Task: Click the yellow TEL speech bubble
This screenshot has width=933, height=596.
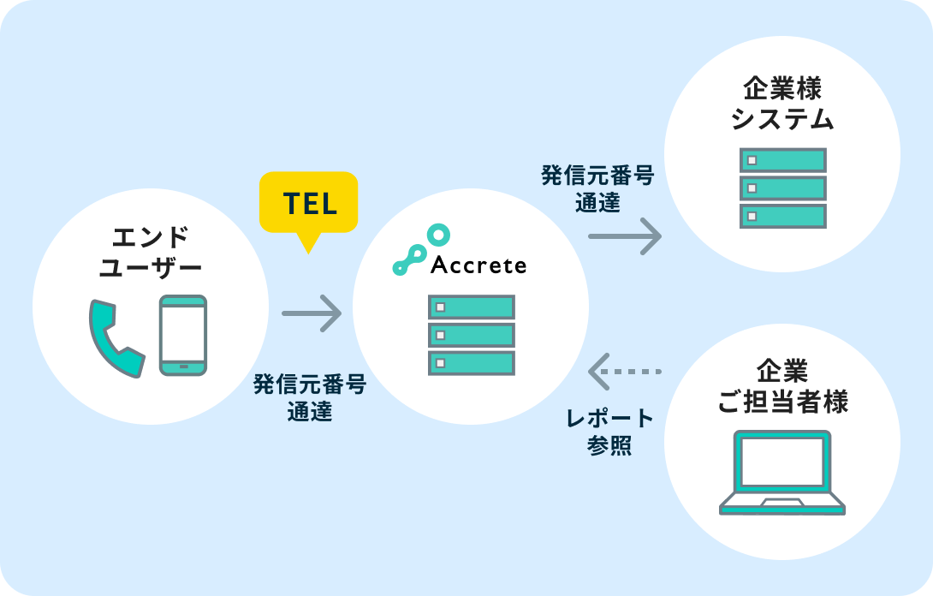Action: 309,204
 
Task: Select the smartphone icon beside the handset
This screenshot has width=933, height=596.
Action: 183,335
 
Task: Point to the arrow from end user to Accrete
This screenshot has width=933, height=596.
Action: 312,313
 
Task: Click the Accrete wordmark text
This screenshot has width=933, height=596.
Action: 478,265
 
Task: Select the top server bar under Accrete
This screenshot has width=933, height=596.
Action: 472,307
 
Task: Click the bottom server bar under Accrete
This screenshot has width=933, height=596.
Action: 472,363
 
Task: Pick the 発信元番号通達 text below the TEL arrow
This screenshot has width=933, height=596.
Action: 310,398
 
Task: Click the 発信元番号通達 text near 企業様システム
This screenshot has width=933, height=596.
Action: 597,189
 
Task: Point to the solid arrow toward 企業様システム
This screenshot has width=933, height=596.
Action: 625,236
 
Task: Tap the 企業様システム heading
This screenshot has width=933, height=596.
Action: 782,104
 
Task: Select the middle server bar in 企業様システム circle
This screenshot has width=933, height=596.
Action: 782,188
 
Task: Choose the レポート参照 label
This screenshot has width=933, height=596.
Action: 610,432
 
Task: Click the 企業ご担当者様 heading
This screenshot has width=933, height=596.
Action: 782,387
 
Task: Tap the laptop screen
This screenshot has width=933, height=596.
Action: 782,463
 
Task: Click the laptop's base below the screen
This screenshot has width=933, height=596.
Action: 782,504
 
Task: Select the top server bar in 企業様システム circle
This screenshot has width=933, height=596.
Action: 782,160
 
